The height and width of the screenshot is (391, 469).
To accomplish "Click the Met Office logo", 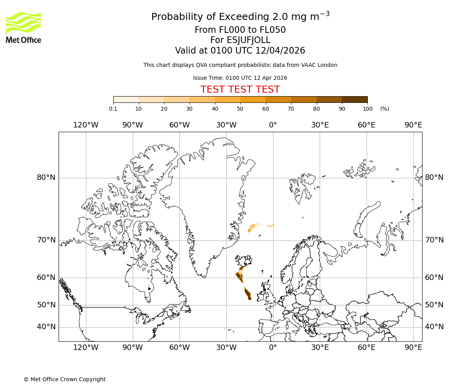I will [x=23, y=27].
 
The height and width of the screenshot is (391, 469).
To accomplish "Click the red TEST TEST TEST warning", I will [x=240, y=90].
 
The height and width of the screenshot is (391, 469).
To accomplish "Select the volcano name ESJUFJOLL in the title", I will [x=240, y=40].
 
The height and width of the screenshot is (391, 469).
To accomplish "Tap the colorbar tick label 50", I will [x=240, y=109].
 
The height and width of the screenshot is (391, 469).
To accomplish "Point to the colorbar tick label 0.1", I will [x=113, y=109].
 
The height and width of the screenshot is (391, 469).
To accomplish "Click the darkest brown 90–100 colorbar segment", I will [x=354, y=100].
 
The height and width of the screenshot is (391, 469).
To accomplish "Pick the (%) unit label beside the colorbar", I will [x=385, y=109].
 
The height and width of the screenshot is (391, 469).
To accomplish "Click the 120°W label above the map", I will [x=86, y=125].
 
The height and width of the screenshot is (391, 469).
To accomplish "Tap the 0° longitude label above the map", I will [x=273, y=125].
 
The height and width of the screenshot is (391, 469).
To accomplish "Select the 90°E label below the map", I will [x=413, y=347].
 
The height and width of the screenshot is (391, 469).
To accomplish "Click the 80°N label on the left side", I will [x=46, y=178].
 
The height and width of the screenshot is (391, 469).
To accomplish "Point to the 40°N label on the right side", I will [x=434, y=327].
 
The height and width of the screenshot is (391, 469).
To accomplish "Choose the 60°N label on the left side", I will [x=46, y=278].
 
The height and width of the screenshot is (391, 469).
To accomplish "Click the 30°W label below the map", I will [x=226, y=347].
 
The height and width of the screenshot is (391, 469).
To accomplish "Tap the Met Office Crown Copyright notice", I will [x=64, y=379].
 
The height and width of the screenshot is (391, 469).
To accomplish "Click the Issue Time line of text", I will [x=240, y=78].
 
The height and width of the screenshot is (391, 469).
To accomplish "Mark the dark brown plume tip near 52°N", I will [x=249, y=298].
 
